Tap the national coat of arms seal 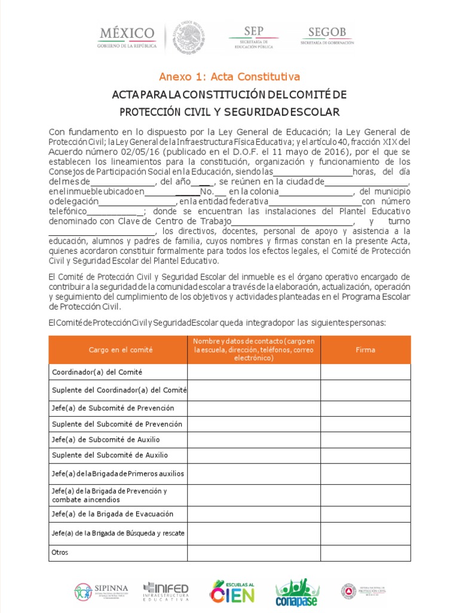189,38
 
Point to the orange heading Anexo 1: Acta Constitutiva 229,77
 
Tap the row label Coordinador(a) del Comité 97,372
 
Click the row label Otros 60,553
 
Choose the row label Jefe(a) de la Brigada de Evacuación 113,514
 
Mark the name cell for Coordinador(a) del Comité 254,372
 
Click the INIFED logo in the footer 166,591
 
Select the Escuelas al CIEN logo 232,591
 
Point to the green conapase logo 296,592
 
